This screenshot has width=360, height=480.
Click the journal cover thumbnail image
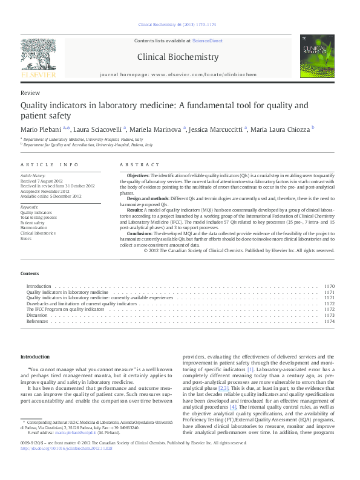[x=318, y=60]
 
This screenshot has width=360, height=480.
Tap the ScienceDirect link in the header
[x=207, y=41]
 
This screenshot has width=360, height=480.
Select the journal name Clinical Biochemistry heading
[x=178, y=57]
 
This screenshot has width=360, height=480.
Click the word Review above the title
[x=30, y=93]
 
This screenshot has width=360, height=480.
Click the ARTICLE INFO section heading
[x=50, y=164]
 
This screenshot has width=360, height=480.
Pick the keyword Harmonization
[x=34, y=227]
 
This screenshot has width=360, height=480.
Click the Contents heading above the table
[x=30, y=274]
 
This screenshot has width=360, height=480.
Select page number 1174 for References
[x=329, y=321]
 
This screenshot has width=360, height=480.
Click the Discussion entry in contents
[x=37, y=315]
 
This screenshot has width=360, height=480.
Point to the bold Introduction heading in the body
[x=36, y=357]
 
